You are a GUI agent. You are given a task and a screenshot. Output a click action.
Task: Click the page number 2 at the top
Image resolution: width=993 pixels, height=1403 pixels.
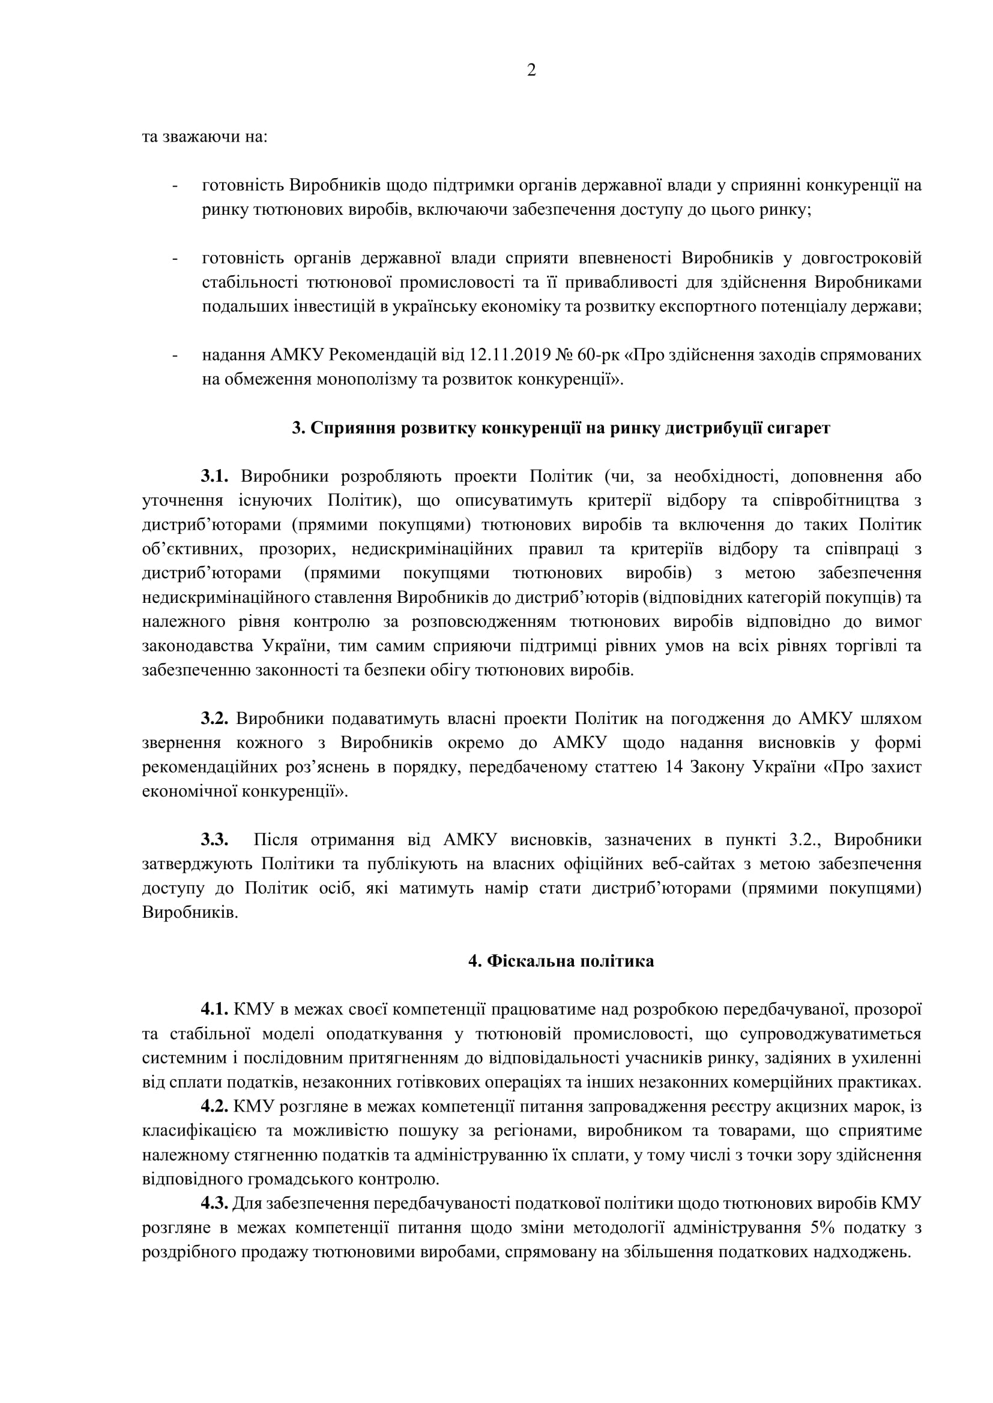[531, 71]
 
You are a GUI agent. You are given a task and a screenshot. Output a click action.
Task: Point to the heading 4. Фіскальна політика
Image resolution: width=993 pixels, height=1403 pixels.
[561, 961]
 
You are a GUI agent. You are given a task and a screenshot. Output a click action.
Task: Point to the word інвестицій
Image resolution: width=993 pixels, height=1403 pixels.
[339, 307]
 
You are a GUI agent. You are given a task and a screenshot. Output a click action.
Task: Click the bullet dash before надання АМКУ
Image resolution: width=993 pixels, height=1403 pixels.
[175, 355]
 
